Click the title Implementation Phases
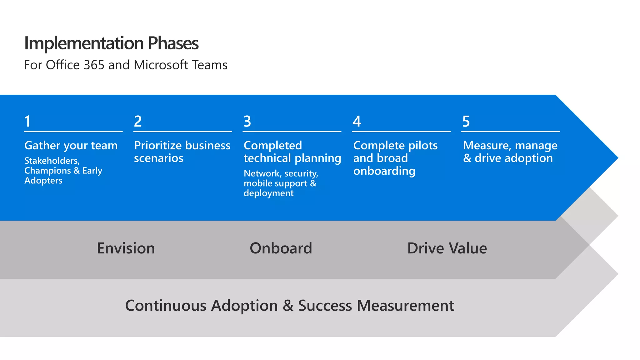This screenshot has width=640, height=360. tap(111, 43)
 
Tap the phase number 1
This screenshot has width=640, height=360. tap(27, 121)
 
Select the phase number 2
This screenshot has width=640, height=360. tap(138, 121)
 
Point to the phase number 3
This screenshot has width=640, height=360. tap(247, 121)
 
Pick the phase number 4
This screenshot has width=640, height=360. tap(357, 121)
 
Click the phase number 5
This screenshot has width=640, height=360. tap(466, 121)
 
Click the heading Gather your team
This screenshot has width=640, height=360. tap(71, 146)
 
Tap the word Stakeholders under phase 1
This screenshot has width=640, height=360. tap(52, 161)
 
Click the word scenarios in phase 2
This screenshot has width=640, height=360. tap(158, 158)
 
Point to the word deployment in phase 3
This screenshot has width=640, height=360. tap(268, 193)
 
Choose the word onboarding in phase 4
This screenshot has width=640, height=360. tap(384, 171)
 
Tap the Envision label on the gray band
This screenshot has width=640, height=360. tap(126, 248)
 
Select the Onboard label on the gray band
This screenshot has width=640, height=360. tap(281, 248)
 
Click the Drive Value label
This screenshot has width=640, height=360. tap(447, 248)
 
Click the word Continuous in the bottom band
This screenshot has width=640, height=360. tap(166, 306)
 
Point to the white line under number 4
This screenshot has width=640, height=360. tap(401, 132)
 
